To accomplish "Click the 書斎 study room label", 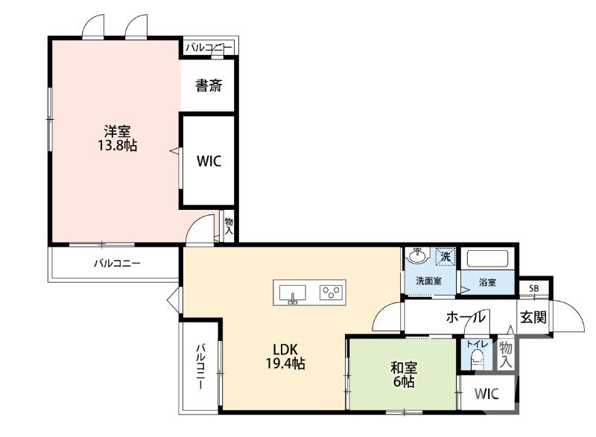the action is [x=209, y=86].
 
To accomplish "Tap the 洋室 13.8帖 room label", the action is [x=118, y=138].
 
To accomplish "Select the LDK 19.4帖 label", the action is [x=285, y=356].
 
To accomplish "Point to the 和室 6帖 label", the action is [x=404, y=374].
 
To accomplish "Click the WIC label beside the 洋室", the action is [x=209, y=161].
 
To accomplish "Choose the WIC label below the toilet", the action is [x=486, y=394].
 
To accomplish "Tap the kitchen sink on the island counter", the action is [x=292, y=293].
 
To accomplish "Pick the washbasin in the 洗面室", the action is [x=417, y=255].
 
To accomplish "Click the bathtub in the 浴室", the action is [x=487, y=258].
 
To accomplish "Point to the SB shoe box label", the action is [x=533, y=289].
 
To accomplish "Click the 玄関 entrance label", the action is [x=533, y=317].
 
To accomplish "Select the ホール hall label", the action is [x=466, y=316].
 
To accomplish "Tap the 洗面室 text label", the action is [x=429, y=281].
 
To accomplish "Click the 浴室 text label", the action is [x=488, y=282].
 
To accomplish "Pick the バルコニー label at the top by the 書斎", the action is [x=209, y=48].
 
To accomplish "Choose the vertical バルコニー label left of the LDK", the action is [x=201, y=366].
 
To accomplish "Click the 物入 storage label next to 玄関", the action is [x=506, y=354].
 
